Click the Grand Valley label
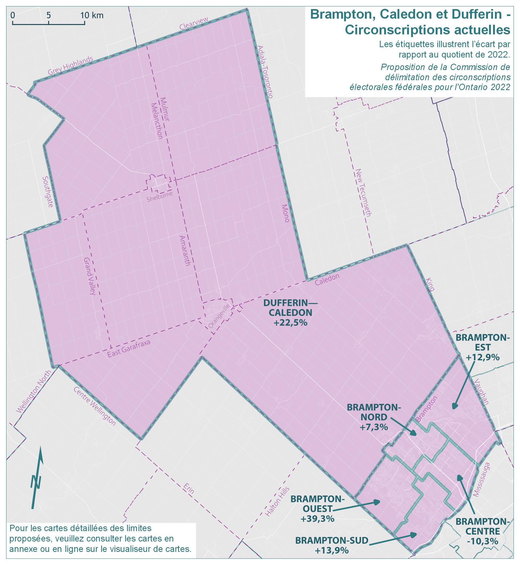90,275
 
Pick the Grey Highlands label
70,66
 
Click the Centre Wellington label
94,406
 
